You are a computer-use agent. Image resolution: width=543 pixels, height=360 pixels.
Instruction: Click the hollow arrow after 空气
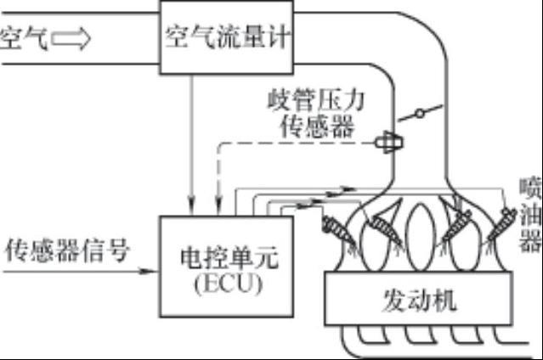coord(71,38)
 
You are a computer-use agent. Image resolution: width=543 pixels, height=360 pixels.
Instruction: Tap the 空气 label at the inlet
coord(24,38)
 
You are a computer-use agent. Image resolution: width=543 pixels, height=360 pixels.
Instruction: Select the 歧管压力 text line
coord(316,100)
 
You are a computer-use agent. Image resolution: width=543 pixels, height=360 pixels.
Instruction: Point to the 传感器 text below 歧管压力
coord(317,126)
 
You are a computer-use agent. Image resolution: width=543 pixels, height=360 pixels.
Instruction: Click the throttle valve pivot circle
coord(420,113)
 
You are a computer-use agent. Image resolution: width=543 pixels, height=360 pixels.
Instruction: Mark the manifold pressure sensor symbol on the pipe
coord(389,142)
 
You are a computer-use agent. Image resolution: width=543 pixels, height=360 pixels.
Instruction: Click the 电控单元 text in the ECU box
coord(229,258)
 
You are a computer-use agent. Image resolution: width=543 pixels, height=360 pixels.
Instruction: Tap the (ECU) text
coord(229,284)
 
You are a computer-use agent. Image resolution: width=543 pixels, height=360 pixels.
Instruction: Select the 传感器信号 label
coord(68,250)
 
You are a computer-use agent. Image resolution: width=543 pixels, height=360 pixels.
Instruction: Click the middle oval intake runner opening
coord(421,237)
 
